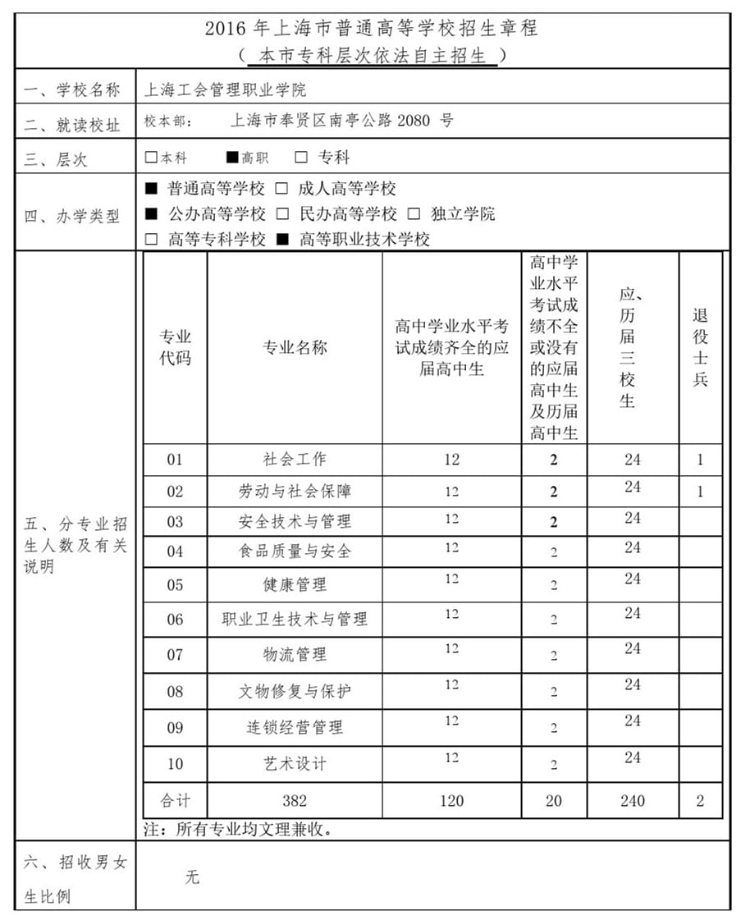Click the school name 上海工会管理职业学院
point(225,89)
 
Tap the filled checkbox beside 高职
point(232,157)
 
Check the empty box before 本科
point(150,157)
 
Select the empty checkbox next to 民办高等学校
point(282,214)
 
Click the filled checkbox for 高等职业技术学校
point(282,240)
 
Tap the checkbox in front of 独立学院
point(414,214)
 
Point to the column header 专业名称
point(294,347)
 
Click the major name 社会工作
point(294,459)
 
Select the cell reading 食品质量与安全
point(294,551)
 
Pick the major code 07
point(175,655)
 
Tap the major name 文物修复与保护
point(294,691)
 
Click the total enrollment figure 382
point(294,800)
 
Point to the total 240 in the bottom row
point(632,800)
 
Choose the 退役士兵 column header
point(700,347)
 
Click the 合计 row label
point(175,800)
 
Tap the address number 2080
point(414,121)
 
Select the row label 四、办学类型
point(72,217)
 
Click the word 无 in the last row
point(192,877)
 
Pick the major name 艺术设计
point(294,763)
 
